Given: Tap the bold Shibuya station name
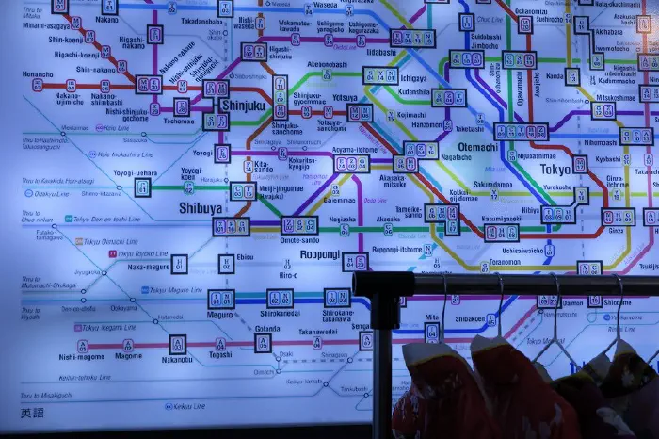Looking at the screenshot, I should tap(200, 208).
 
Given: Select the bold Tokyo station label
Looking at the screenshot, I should tap(555, 170).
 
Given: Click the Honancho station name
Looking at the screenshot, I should tap(38, 73).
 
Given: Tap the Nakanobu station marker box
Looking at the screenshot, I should tap(177, 344).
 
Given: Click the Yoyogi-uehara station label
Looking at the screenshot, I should tap(136, 173).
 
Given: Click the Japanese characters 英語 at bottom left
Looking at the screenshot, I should tap(31, 414).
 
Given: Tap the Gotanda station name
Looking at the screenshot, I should tap(266, 329).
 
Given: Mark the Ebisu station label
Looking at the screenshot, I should tap(245, 256).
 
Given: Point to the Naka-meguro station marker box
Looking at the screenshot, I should tap(179, 265).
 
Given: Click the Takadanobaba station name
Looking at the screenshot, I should tap(201, 21).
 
